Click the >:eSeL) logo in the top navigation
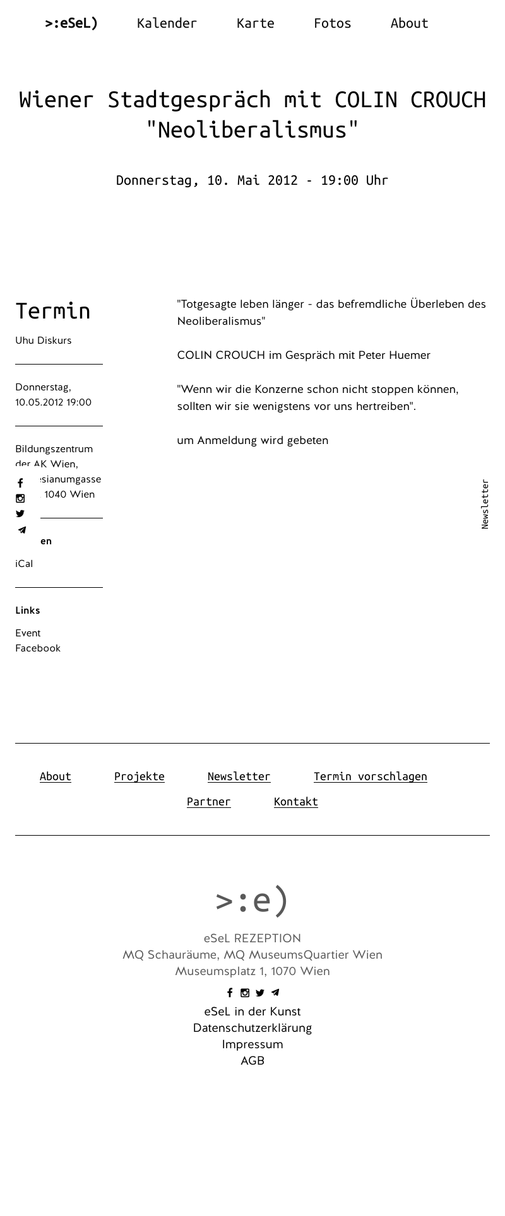[71, 23]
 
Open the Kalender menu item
[167, 23]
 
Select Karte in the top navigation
[255, 23]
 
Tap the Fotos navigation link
[332, 23]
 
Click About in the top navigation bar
[409, 23]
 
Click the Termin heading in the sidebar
[53, 311]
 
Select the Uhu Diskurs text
[44, 341]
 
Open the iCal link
[24, 564]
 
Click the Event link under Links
[28, 633]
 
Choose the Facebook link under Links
[38, 648]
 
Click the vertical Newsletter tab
[485, 504]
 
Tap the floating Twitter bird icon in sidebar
[20, 514]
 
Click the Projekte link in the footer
[140, 776]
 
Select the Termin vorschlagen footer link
[370, 776]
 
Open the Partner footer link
[209, 802]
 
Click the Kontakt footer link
[295, 802]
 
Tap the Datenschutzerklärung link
[252, 1028]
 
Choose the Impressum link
[252, 1044]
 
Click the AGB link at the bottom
[252, 1061]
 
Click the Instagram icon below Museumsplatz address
[245, 993]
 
